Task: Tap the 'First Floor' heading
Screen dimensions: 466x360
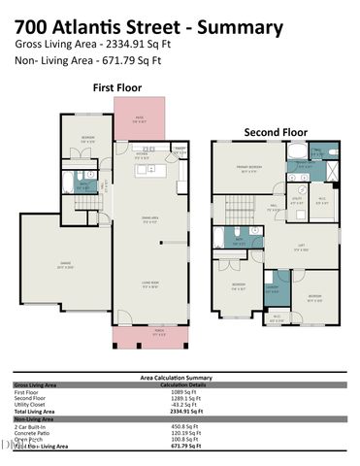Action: click(x=115, y=87)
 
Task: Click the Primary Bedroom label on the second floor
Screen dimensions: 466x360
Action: click(x=249, y=169)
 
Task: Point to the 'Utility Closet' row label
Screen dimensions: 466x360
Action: click(x=31, y=405)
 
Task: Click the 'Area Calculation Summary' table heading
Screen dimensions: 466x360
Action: click(x=179, y=378)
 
